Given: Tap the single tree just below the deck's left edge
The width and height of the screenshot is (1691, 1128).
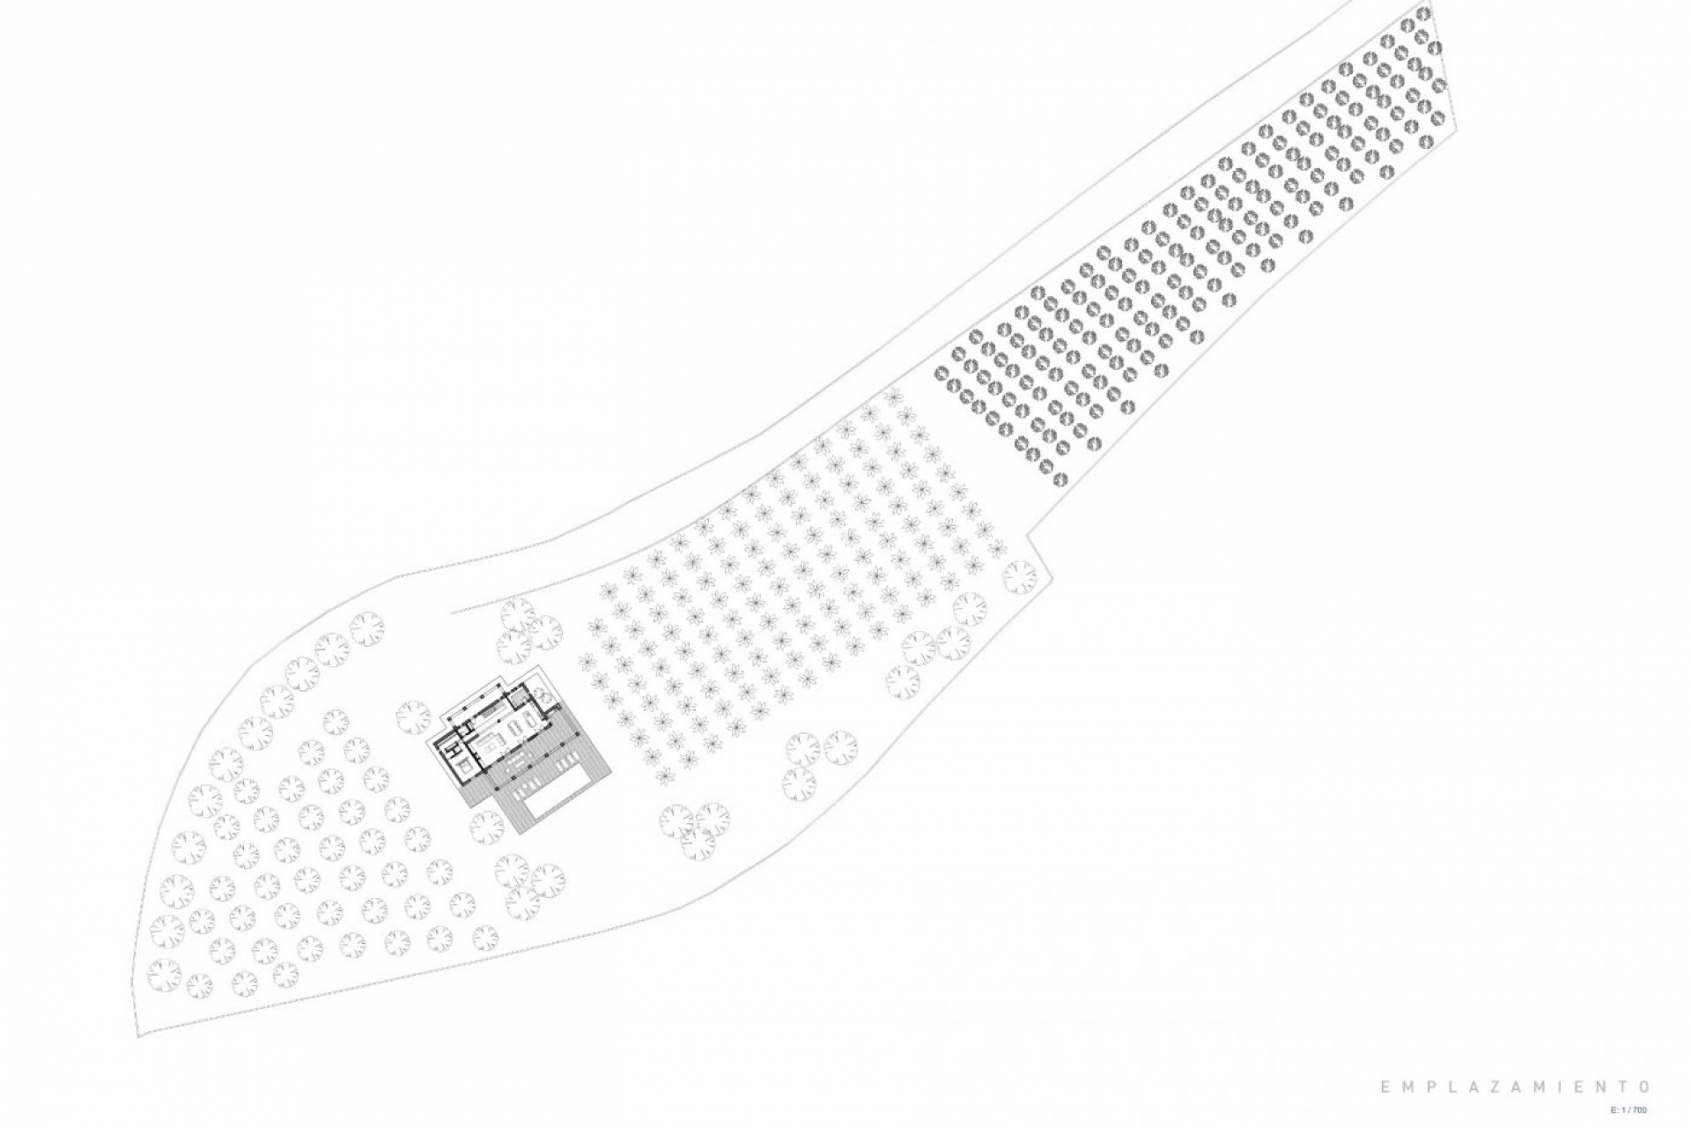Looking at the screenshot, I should coord(483,827).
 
